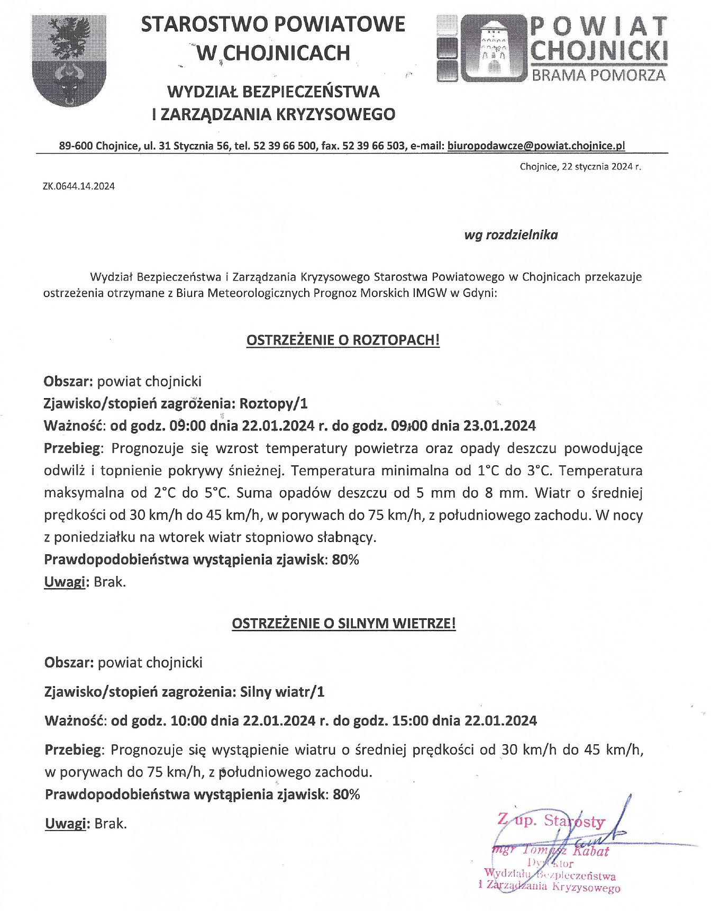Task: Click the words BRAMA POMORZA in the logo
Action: [x=598, y=75]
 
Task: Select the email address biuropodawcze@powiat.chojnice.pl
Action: [x=536, y=146]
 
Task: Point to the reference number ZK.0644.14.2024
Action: [x=79, y=186]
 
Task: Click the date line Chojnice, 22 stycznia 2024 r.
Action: [x=580, y=167]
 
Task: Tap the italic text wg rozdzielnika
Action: [x=511, y=235]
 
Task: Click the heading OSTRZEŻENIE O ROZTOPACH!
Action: [x=343, y=340]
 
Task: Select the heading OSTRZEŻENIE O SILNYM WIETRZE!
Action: [x=344, y=624]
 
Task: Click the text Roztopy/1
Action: [x=274, y=404]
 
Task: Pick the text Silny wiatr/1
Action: [x=282, y=692]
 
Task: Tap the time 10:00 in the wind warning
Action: [x=188, y=720]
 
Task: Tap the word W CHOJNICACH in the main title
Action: [x=273, y=53]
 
